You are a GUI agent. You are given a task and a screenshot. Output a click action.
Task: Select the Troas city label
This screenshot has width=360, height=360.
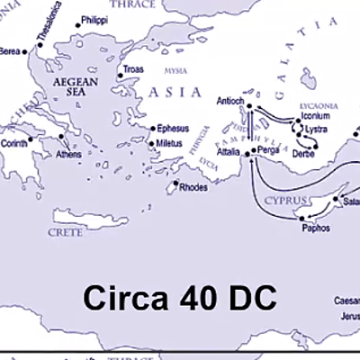132,69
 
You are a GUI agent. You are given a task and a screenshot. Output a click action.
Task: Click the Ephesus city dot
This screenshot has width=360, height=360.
149,129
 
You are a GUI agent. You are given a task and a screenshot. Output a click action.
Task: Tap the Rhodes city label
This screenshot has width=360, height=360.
193,188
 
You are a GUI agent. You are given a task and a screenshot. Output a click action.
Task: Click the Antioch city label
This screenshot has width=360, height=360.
230,103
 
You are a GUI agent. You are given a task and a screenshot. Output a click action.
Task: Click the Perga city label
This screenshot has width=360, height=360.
268,149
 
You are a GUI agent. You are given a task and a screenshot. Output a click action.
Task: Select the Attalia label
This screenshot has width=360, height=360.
229,152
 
